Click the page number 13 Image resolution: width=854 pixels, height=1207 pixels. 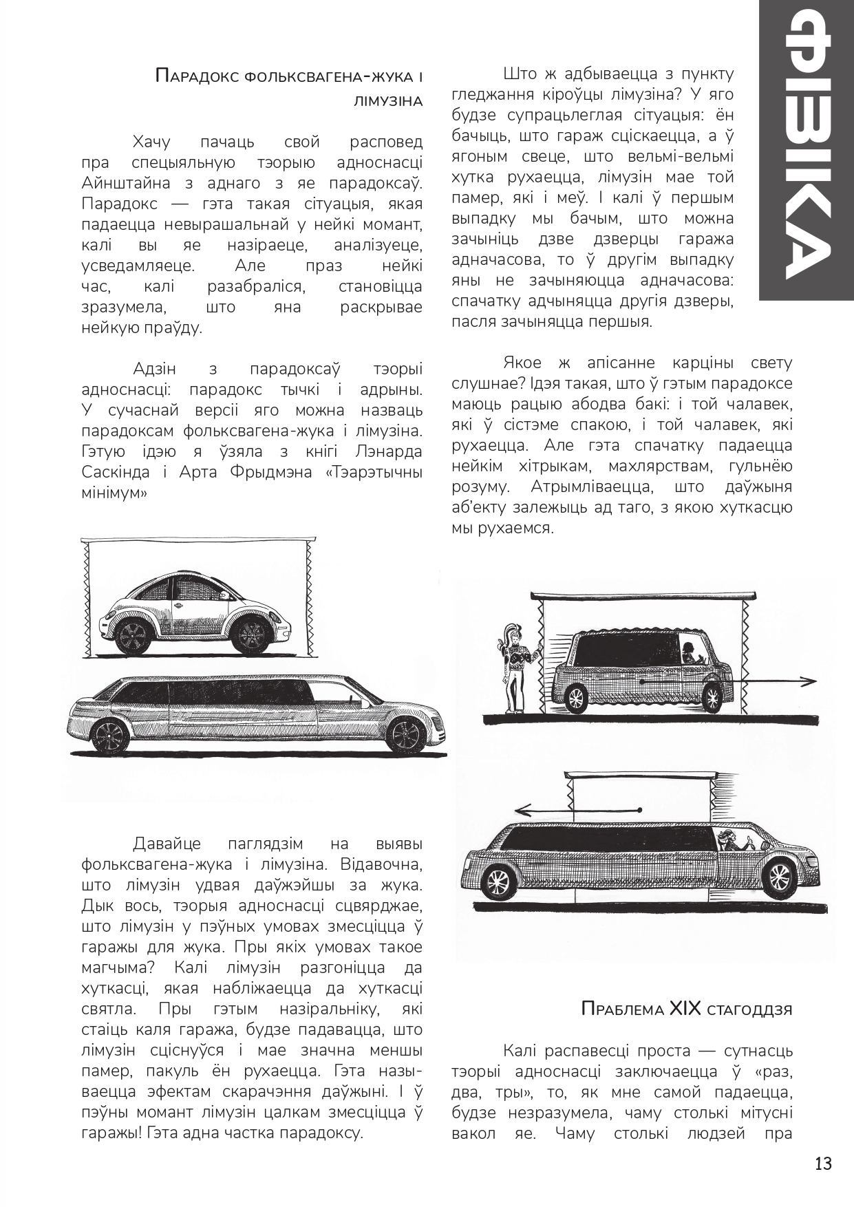click(823, 1164)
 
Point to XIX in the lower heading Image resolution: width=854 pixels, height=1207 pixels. click(685, 1010)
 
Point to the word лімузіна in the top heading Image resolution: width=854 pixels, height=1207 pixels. click(387, 100)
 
